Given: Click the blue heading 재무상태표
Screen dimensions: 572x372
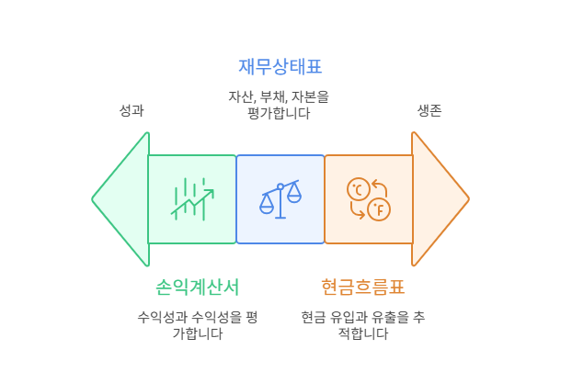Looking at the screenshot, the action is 280,66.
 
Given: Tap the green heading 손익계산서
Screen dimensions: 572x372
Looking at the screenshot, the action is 198,287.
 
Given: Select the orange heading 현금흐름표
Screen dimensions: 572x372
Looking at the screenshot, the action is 363,287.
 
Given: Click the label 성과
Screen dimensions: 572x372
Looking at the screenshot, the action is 132,110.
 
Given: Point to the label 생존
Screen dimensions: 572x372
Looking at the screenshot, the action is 429,110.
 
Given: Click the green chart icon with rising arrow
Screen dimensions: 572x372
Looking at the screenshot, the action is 192,198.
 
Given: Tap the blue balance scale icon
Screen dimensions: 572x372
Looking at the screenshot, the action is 280,198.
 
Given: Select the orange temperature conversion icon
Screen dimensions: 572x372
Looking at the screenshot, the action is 368,198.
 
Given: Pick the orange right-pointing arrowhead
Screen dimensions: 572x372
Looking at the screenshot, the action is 439,198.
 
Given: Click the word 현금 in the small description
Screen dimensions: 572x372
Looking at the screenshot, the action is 314,317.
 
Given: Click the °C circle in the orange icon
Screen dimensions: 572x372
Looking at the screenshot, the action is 357,189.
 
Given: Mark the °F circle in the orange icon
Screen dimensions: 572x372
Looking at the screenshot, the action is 378,210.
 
